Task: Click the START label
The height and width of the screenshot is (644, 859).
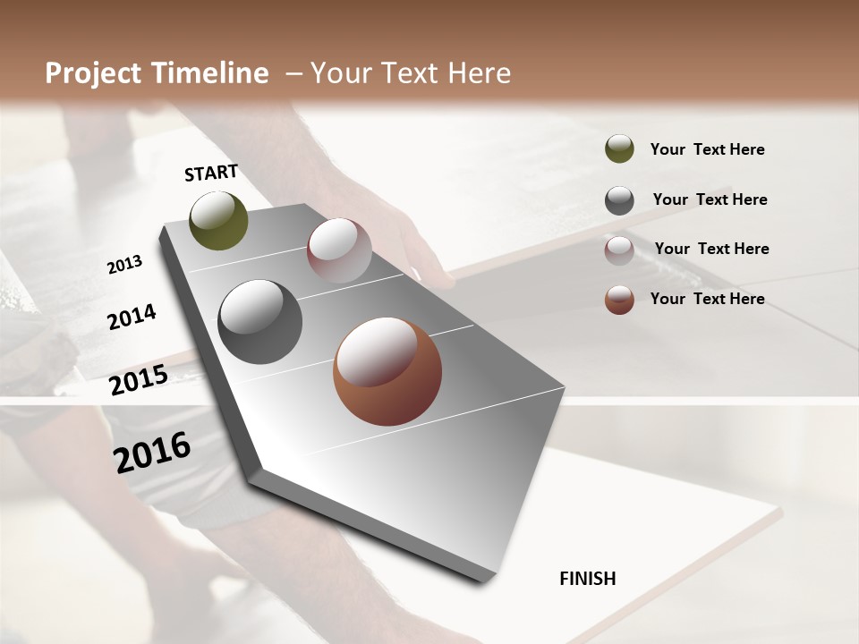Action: (x=211, y=173)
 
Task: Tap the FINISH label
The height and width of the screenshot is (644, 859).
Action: (x=588, y=579)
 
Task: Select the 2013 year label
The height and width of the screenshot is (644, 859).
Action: (x=125, y=264)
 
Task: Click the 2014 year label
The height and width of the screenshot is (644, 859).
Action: (x=132, y=317)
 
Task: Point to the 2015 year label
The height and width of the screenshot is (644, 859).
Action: (x=139, y=380)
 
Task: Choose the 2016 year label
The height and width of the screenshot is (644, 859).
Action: (x=152, y=452)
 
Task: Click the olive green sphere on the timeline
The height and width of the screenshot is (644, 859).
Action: (x=219, y=220)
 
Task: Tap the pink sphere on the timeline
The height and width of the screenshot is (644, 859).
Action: (x=339, y=250)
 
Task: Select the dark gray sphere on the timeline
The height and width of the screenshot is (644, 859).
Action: (x=260, y=322)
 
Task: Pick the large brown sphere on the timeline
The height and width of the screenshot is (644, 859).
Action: (x=387, y=371)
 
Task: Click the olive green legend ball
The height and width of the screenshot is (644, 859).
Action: (x=619, y=148)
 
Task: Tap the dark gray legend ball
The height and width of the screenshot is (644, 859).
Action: (x=619, y=200)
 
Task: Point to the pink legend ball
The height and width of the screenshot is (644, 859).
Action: (x=619, y=250)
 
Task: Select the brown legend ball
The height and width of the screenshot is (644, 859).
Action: (x=619, y=300)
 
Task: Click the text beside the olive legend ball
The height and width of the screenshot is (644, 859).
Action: (x=707, y=149)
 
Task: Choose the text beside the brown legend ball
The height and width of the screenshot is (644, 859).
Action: (x=707, y=299)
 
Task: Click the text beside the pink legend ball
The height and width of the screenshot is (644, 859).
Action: (x=711, y=249)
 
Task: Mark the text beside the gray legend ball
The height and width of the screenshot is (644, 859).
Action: (x=710, y=199)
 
